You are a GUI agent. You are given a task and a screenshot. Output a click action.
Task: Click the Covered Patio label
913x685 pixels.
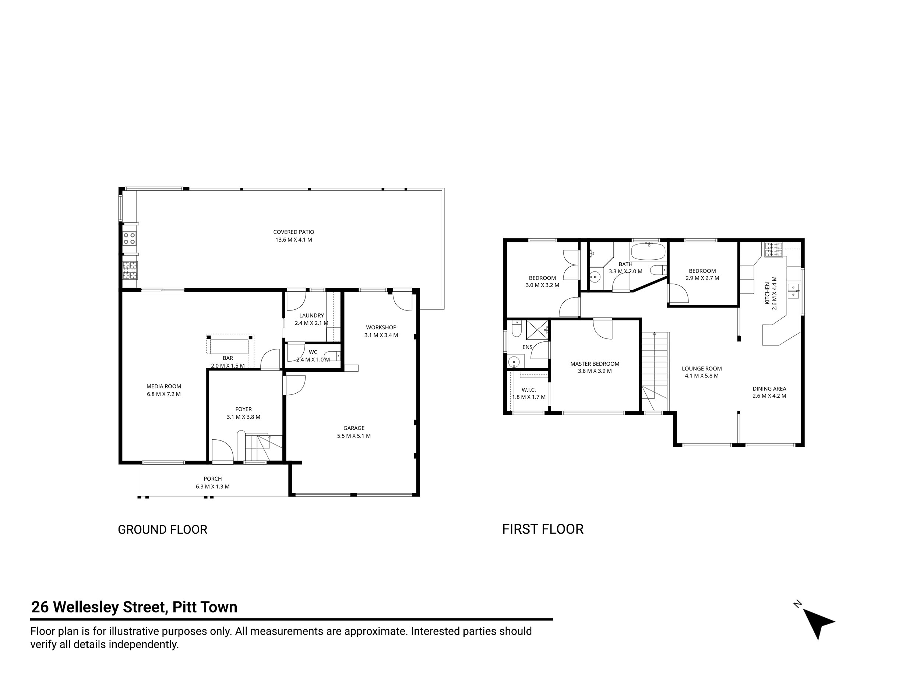pyautogui.click(x=293, y=232)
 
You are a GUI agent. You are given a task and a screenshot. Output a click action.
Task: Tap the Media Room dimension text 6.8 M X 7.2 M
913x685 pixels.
pyautogui.click(x=164, y=394)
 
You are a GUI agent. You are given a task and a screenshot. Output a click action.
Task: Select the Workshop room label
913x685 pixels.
pyautogui.click(x=381, y=327)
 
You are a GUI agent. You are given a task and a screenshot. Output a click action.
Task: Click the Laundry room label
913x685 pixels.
pyautogui.click(x=311, y=316)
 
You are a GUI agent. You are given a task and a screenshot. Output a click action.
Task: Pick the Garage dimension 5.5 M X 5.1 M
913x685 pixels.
pyautogui.click(x=354, y=436)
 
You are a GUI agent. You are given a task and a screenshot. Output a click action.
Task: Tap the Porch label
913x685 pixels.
pyautogui.click(x=212, y=479)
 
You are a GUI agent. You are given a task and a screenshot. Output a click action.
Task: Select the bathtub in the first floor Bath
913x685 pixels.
pyautogui.click(x=648, y=251)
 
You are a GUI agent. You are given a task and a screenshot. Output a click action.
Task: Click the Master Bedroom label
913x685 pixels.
pyautogui.click(x=595, y=364)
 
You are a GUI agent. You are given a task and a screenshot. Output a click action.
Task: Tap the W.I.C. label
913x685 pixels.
pyautogui.click(x=529, y=390)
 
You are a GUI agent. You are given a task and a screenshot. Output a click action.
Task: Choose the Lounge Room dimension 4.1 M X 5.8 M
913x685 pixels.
pyautogui.click(x=702, y=376)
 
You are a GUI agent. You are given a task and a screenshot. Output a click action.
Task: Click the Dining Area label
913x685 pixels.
pyautogui.click(x=769, y=389)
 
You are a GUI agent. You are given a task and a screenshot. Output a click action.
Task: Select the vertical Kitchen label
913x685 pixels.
pyautogui.click(x=767, y=293)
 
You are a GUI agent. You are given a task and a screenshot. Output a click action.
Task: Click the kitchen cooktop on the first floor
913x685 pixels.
pyautogui.click(x=774, y=249)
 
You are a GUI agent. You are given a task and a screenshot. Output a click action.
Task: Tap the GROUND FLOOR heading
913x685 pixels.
pyautogui.click(x=163, y=530)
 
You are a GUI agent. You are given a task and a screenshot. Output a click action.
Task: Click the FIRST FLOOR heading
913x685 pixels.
pyautogui.click(x=543, y=529)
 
